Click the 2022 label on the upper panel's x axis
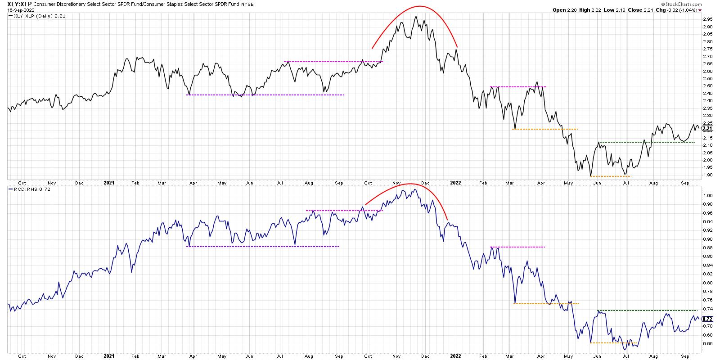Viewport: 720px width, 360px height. click(456, 183)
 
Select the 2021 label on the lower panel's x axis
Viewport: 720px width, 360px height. click(108, 355)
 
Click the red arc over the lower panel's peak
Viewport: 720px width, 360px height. click(409, 184)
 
